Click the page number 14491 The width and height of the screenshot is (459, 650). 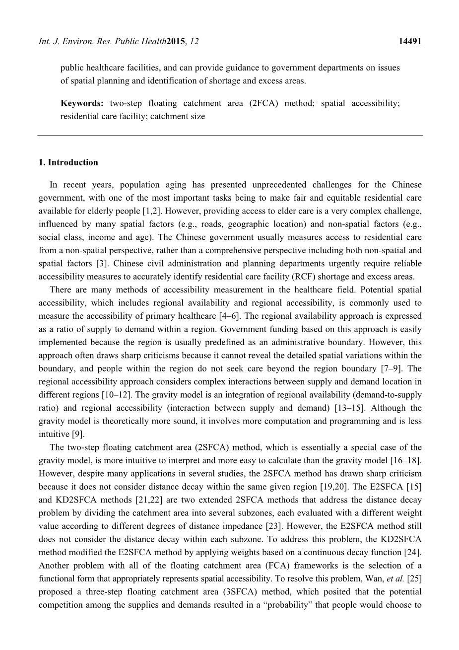click(x=410, y=42)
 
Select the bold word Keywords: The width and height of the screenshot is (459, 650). click(x=82, y=103)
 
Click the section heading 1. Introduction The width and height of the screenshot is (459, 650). click(x=68, y=162)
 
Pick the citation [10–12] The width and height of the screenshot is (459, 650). click(x=117, y=395)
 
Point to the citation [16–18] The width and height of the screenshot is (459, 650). click(x=404, y=460)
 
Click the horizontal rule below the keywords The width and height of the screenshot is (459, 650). click(x=230, y=135)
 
